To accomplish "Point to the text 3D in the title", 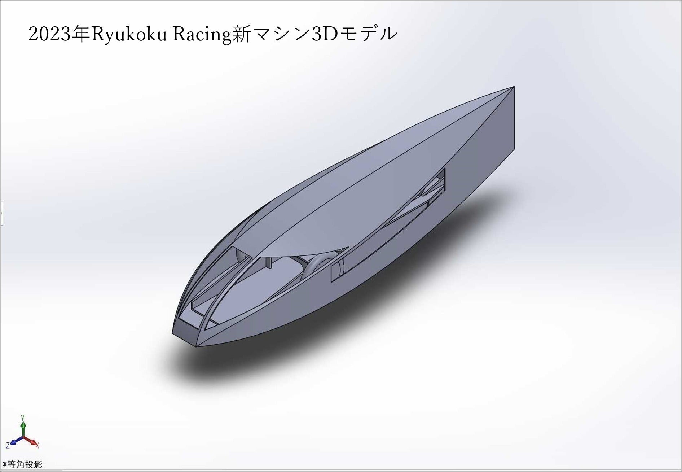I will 324,35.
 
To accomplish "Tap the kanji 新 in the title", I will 241,35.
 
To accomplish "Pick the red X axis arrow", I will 32,441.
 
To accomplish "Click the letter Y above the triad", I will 23,418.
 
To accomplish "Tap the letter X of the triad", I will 38,446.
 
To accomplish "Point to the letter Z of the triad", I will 8,446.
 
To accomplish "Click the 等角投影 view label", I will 24,464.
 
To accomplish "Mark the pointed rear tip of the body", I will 513,87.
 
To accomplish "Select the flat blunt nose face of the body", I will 185,334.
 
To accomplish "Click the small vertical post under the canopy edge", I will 268,263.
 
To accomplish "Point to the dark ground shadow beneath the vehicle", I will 289,346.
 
